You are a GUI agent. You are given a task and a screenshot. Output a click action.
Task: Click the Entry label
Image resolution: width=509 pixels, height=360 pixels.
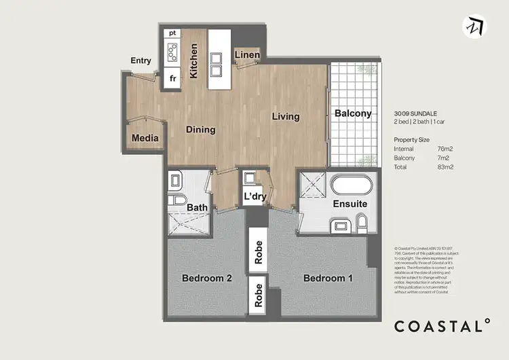[140, 60]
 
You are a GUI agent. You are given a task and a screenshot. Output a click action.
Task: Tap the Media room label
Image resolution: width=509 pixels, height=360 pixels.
[145, 138]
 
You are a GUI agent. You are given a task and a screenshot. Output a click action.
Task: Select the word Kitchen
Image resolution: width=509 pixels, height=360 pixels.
[194, 61]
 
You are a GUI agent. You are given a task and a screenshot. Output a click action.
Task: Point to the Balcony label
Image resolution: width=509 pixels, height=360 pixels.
[353, 113]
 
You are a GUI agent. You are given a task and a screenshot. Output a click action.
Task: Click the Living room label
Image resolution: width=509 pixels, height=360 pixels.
[286, 116]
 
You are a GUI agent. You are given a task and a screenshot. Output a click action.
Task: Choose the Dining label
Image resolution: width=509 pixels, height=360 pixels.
[200, 129]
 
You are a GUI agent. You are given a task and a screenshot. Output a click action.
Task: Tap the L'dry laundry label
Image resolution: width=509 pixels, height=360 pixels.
[254, 197]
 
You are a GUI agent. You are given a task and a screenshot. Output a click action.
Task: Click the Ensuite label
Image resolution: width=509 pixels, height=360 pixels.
[350, 204]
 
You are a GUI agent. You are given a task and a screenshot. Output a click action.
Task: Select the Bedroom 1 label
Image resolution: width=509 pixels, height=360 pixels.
[328, 278]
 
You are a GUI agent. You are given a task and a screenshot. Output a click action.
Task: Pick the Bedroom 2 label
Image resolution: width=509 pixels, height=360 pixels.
[207, 278]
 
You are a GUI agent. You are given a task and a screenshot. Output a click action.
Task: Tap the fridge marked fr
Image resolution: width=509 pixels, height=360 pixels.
[173, 78]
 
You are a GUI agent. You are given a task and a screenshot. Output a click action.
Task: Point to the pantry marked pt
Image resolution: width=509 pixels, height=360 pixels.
[173, 33]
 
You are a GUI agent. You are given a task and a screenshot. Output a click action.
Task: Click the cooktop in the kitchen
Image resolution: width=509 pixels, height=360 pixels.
[173, 52]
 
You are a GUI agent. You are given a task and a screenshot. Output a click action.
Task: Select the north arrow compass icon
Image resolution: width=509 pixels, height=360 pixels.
[476, 25]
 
